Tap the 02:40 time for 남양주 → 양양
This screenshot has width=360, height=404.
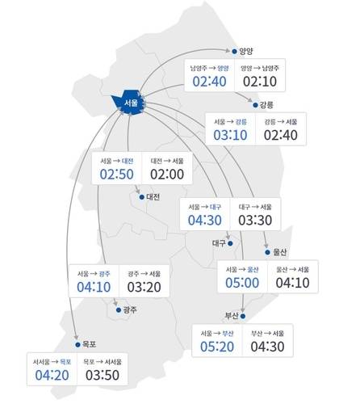click(209, 82)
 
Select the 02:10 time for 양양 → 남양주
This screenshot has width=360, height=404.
click(259, 82)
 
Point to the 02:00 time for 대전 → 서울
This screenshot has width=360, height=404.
click(167, 175)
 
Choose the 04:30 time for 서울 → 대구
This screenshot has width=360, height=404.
click(205, 221)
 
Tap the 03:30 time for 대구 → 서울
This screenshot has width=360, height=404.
click(255, 221)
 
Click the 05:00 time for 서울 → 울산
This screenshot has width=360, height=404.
click(242, 282)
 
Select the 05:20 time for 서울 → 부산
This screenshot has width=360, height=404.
click(217, 347)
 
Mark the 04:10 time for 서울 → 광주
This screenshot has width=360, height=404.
click(94, 286)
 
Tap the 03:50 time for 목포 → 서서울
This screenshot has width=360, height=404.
click(103, 375)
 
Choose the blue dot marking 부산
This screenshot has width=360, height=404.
click(246, 315)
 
